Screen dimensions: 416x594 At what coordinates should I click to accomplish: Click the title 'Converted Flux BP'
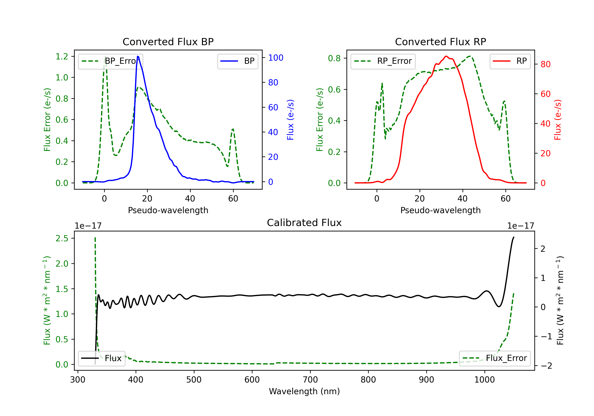[x=168, y=42]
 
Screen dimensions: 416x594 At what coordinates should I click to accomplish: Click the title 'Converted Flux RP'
[x=440, y=42]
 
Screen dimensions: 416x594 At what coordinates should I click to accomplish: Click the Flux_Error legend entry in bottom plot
[x=494, y=358]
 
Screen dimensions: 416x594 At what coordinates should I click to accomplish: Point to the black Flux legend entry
[x=101, y=358]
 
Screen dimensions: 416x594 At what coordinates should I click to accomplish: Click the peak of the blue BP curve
[x=138, y=56]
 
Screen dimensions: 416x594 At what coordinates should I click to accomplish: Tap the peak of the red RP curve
[x=446, y=56]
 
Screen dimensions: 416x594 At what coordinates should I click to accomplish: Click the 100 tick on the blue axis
[x=276, y=58]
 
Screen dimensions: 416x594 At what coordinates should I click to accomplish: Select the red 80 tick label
[x=545, y=64]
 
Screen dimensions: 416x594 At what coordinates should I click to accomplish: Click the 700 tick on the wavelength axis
[x=310, y=380]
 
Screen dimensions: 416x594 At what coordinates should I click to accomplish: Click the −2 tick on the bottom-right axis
[x=546, y=366]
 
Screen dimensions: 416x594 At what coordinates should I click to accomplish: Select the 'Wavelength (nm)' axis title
[x=304, y=391]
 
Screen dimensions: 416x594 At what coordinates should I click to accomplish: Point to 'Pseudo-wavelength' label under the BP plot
[x=168, y=210]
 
